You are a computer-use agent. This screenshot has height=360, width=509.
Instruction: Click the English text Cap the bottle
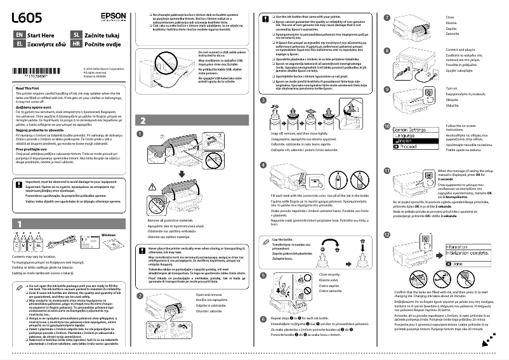pos(268,239)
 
